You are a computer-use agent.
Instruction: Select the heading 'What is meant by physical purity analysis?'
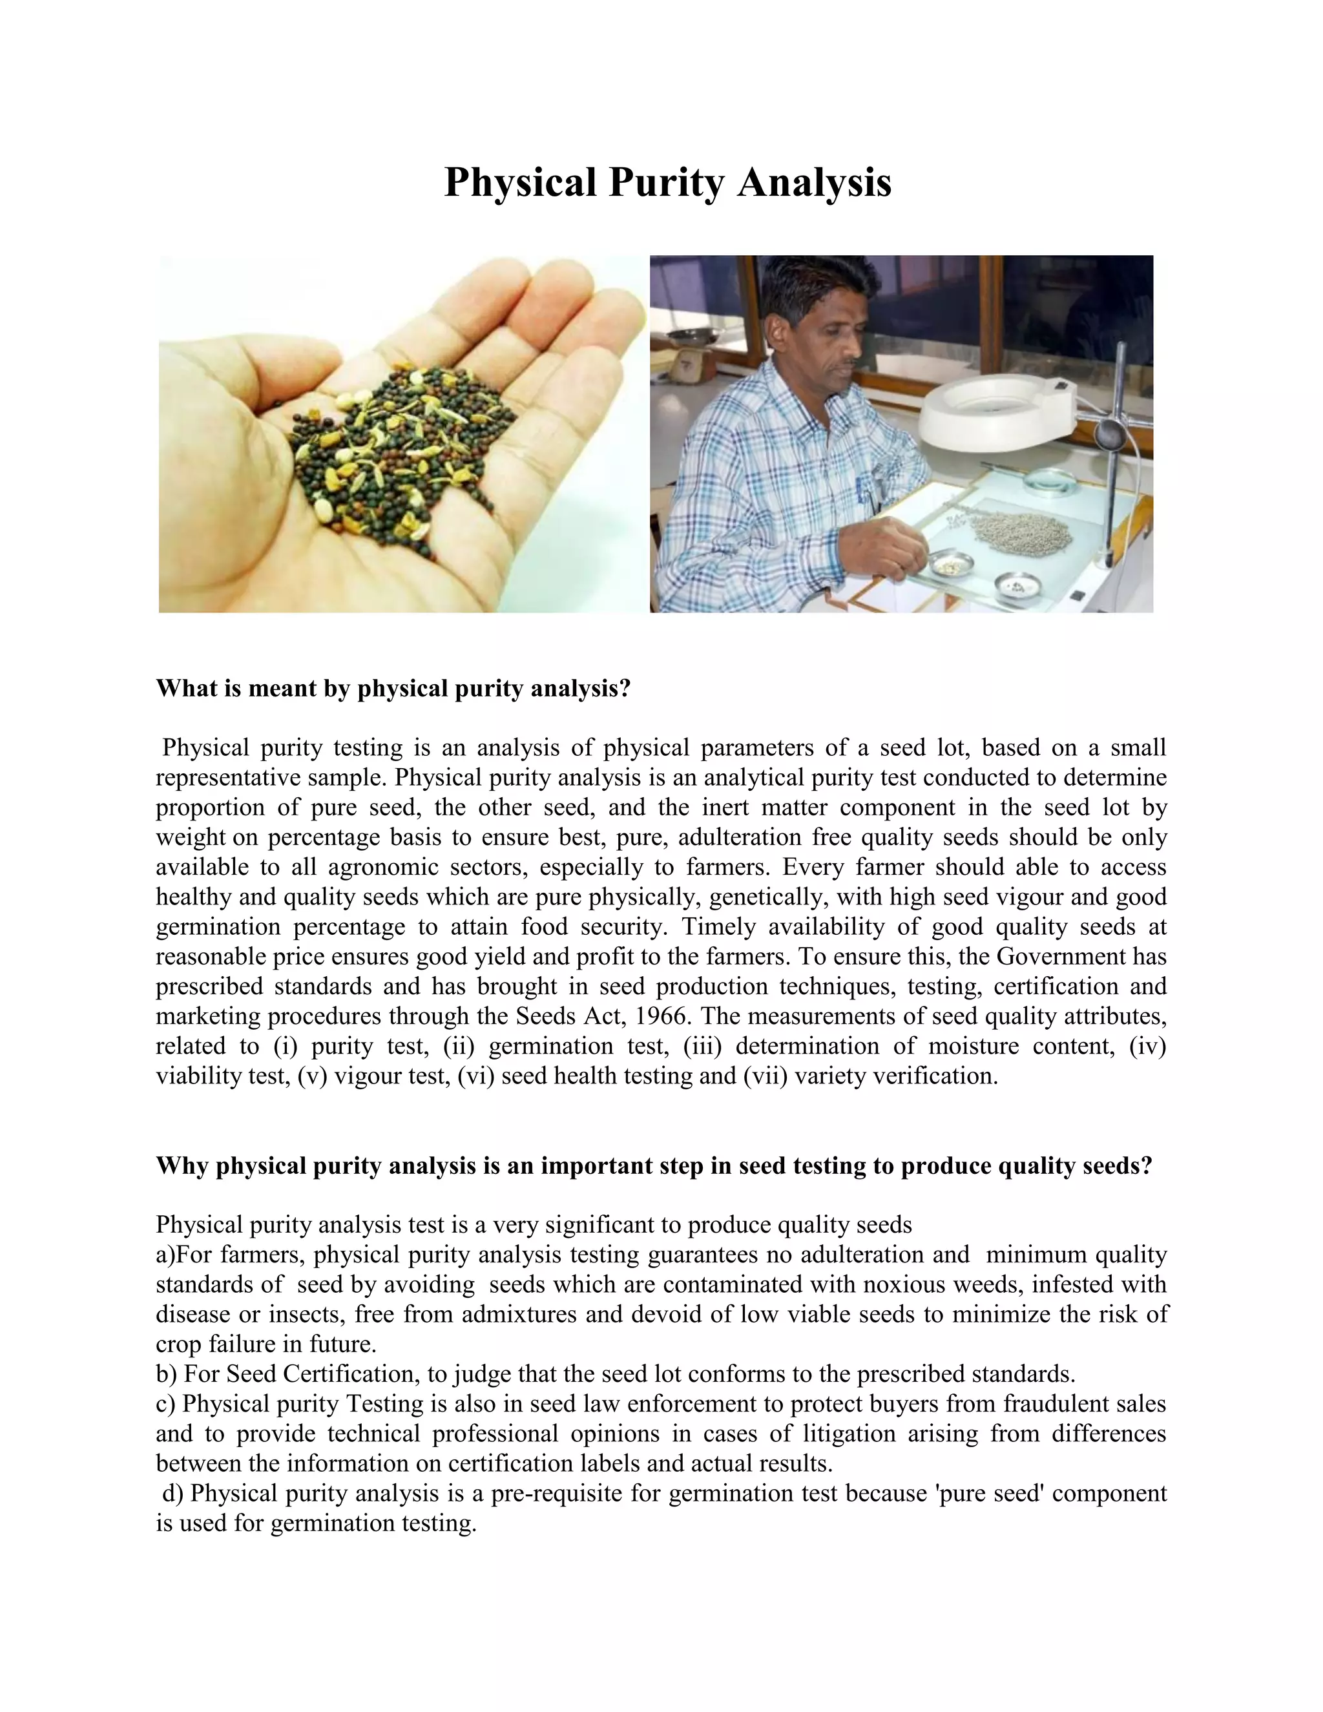393,689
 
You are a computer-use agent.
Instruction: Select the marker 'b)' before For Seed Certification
166,1373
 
